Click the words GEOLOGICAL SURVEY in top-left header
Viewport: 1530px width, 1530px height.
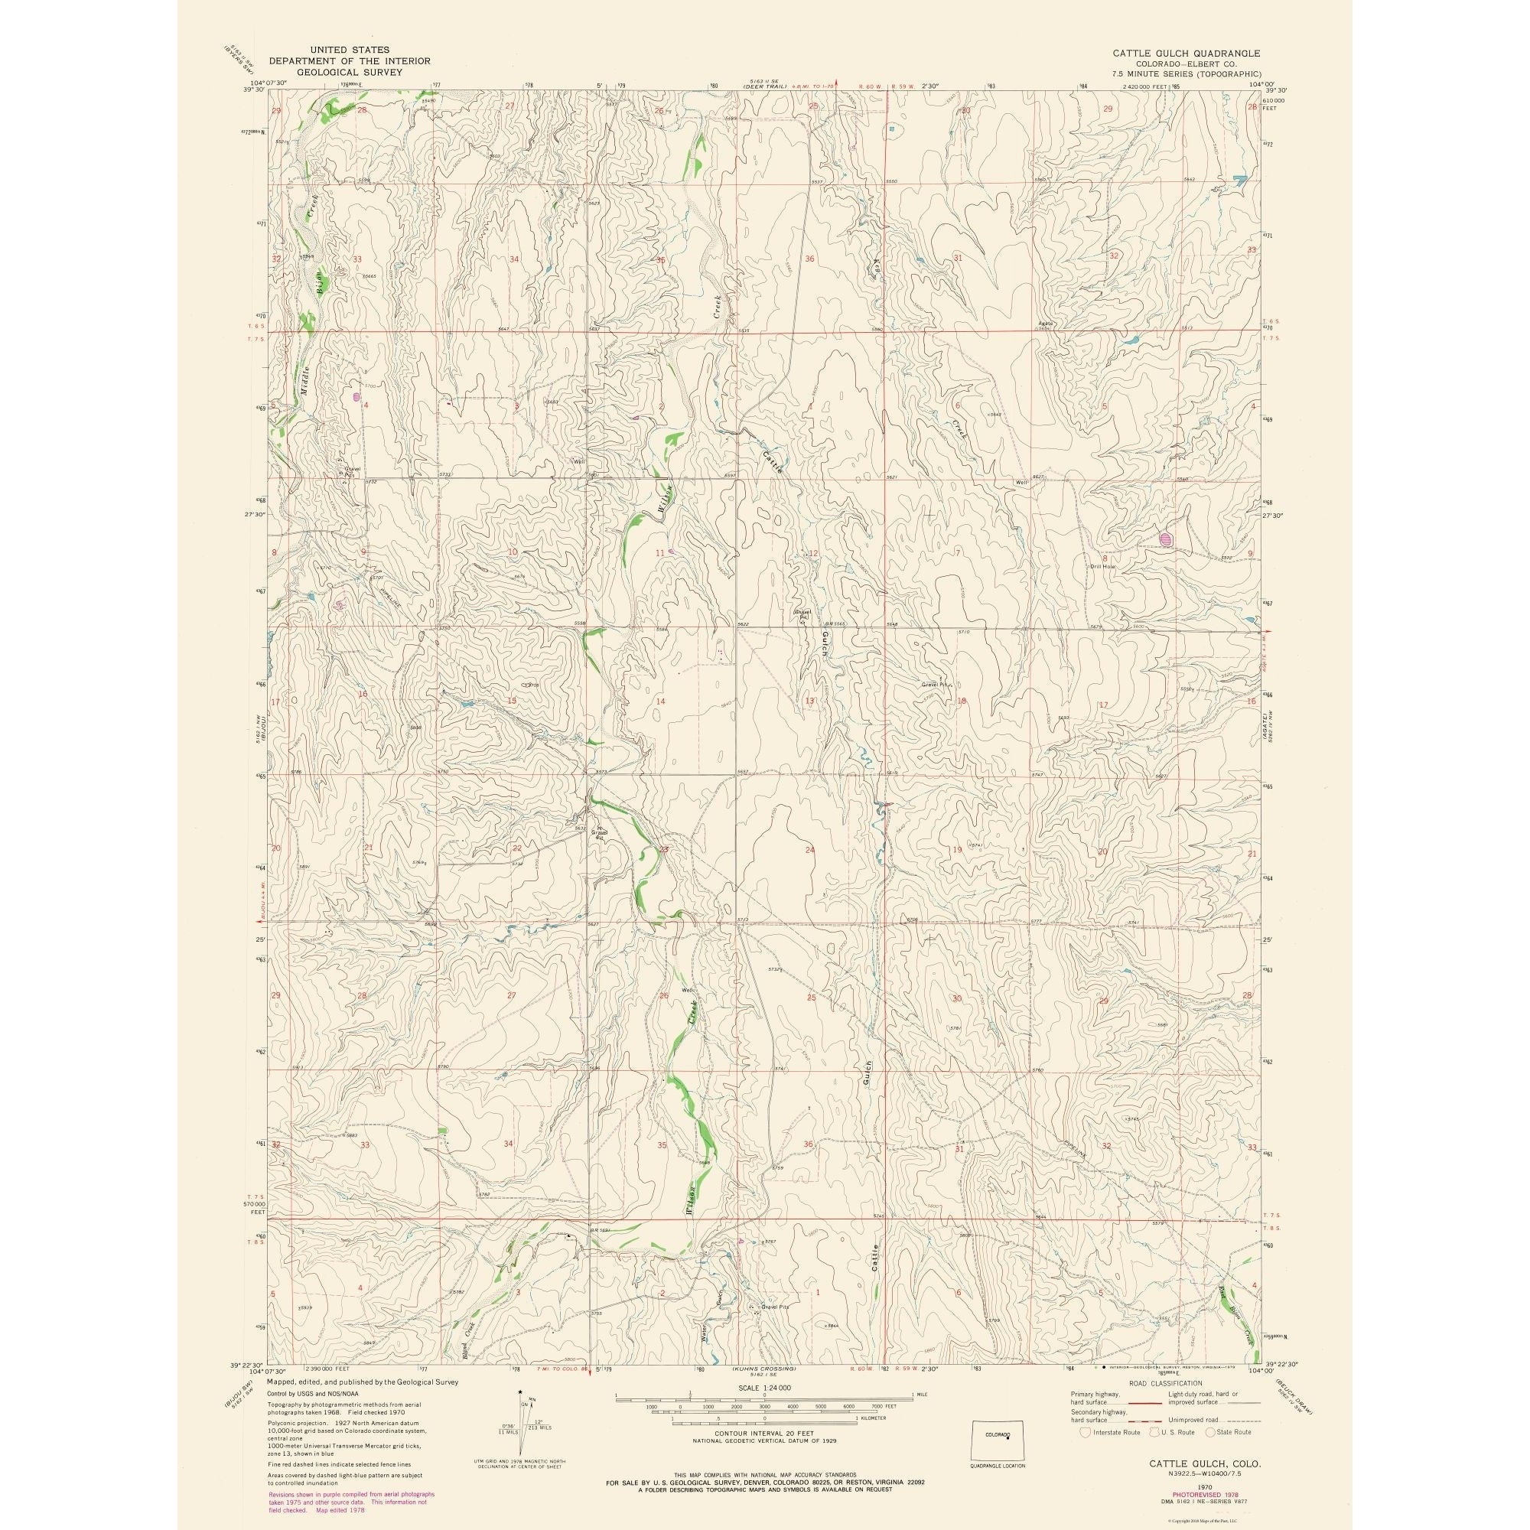click(350, 72)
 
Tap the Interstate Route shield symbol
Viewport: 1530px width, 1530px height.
click(1086, 1432)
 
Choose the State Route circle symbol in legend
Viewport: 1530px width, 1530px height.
click(1210, 1432)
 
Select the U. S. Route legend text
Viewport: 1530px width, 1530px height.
click(1174, 1432)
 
